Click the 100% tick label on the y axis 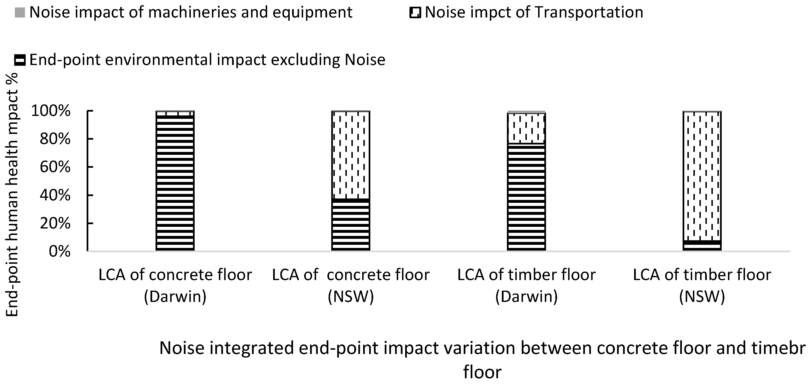[50, 111]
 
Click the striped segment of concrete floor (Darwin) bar [175, 183]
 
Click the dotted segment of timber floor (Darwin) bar [526, 128]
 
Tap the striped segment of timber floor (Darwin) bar [526, 197]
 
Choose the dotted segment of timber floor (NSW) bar [702, 176]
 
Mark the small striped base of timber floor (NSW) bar [702, 245]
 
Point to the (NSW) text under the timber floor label [702, 296]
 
